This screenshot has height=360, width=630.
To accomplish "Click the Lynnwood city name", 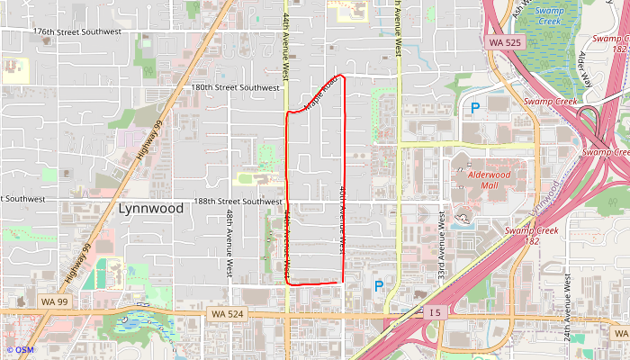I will (150, 209).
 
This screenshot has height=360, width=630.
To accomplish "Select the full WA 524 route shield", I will (228, 313).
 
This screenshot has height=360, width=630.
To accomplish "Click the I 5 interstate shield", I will (435, 312).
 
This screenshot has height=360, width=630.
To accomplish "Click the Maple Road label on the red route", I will (320, 93).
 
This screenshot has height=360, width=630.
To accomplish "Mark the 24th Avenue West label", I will (567, 292).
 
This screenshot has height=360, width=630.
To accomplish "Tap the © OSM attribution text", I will (20, 349).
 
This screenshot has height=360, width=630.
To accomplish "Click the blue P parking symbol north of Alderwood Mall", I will (474, 108).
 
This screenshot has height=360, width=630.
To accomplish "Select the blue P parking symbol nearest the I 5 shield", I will (379, 286).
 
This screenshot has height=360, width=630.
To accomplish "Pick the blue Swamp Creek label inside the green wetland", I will (549, 15).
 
